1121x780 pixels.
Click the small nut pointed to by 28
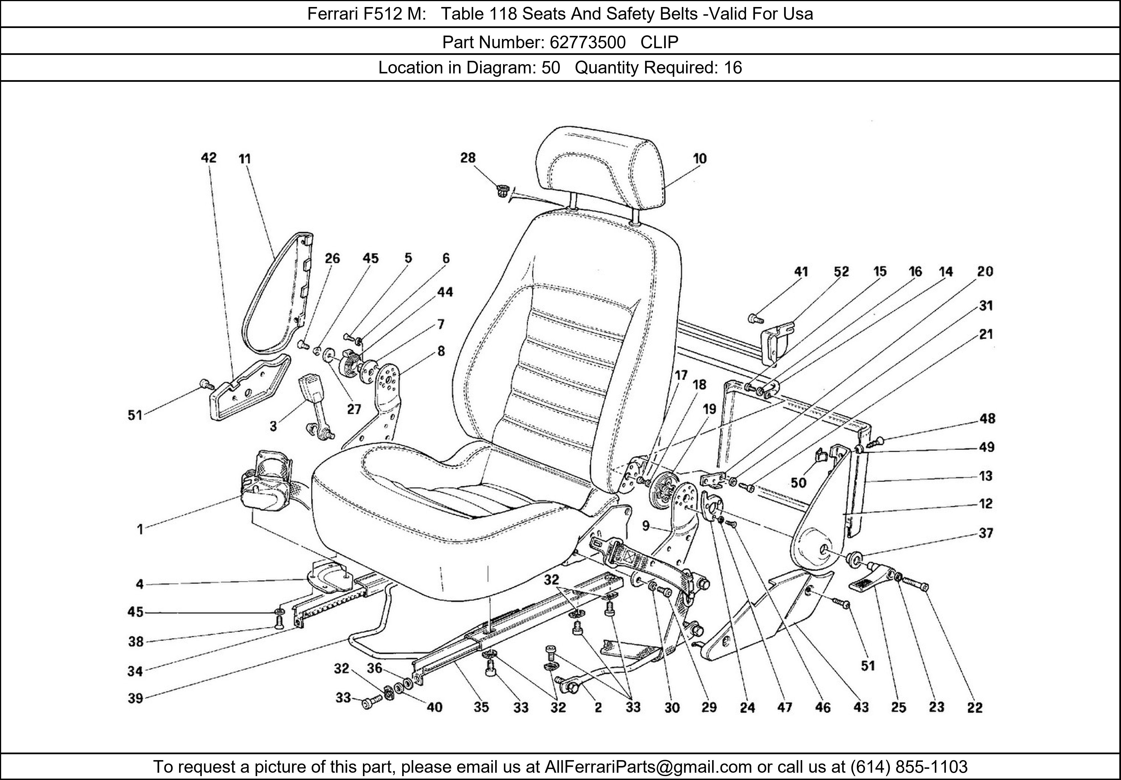coord(501,191)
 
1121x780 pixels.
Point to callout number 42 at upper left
coord(209,158)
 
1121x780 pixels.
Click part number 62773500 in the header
coord(587,43)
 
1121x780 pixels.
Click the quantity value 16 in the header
coord(732,67)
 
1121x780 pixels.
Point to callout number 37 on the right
coord(986,533)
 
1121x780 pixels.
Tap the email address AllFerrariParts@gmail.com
coord(648,767)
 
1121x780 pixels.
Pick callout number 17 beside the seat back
coord(681,375)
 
